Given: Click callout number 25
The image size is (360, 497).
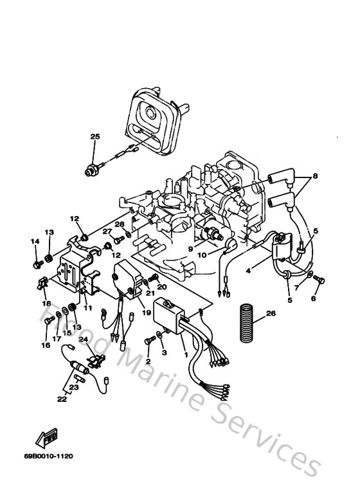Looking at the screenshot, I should tap(95, 136).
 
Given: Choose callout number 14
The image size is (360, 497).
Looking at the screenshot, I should tap(35, 241).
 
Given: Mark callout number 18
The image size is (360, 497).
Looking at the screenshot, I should tap(46, 302).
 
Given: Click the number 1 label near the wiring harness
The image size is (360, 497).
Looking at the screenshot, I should tap(185, 354).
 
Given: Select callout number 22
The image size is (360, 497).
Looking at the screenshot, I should tap(62, 399).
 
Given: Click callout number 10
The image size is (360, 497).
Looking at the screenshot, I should tap(201, 255).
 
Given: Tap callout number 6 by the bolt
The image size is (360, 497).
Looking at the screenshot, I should tap(314, 298).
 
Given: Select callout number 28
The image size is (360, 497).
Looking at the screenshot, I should tap(119, 224).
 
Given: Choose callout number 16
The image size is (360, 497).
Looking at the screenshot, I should tap(46, 345).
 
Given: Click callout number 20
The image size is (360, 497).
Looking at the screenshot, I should tap(161, 287).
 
